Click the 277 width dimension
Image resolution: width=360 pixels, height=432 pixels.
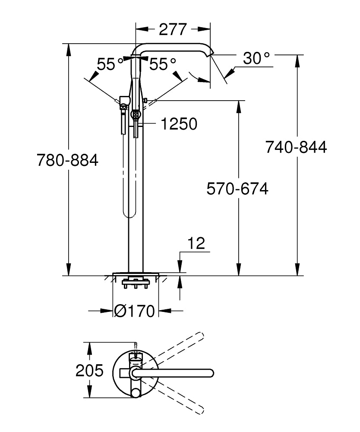173,29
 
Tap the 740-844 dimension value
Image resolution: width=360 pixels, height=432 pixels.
296,147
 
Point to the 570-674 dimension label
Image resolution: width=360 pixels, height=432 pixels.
237,189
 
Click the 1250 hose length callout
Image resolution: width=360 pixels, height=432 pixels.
179,124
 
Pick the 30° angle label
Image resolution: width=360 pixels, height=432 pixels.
256,58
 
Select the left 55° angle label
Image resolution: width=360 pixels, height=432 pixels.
110,65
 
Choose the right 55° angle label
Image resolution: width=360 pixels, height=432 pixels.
163,65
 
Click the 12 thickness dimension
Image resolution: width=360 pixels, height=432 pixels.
196,244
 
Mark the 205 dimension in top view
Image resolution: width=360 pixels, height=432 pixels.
89,371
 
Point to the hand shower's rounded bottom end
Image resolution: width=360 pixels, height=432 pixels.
128,214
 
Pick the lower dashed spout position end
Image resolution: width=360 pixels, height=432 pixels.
200,409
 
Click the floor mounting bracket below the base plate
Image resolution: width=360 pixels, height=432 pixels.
136,284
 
